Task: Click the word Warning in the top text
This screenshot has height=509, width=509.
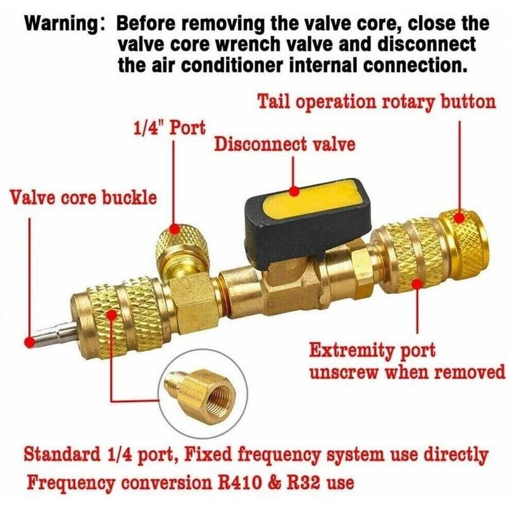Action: (x=61, y=24)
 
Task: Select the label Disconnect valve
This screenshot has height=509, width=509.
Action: (x=284, y=144)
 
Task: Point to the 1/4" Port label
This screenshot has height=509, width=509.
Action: (x=169, y=128)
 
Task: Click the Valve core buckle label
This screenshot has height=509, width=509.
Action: (x=83, y=197)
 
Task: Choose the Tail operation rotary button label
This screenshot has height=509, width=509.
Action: (x=377, y=102)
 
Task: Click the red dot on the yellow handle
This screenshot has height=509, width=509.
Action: (x=294, y=192)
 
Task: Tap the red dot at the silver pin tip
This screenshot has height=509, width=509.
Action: (x=30, y=342)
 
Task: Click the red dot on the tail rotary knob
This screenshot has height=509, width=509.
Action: (x=459, y=218)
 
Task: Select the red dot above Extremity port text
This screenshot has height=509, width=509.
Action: (x=417, y=284)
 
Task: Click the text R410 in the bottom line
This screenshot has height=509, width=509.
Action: (x=239, y=482)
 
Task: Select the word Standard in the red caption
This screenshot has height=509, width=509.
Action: (x=62, y=454)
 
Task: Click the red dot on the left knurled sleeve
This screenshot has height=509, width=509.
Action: (x=112, y=315)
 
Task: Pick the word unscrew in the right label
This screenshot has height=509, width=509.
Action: (x=344, y=372)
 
